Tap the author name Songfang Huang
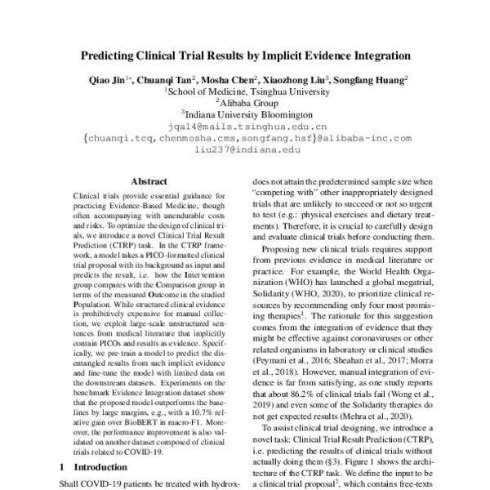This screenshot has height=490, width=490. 378,80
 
